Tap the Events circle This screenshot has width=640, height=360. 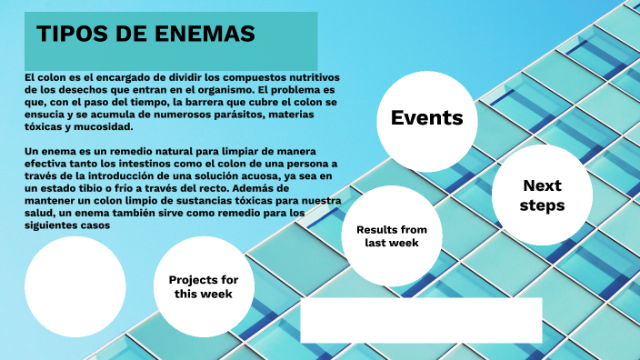[x=426, y=117]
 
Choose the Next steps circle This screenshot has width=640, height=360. [x=542, y=195]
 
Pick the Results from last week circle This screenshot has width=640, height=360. [x=390, y=236]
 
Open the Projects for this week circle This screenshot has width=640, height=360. [x=204, y=286]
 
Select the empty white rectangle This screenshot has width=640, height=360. [x=421, y=319]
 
